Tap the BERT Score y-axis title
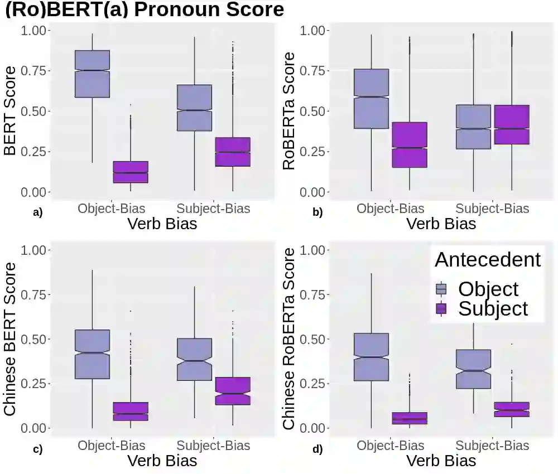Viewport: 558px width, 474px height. [10, 112]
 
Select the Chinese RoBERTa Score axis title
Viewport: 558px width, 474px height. [289, 339]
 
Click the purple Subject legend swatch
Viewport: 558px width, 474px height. [441, 308]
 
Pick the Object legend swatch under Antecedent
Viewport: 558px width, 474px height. [441, 288]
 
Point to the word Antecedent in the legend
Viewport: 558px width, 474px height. [488, 260]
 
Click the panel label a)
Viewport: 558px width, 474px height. [38, 212]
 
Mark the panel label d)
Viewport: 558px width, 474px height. [318, 449]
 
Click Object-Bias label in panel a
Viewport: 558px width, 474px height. [112, 209]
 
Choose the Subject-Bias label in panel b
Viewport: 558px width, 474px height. [492, 209]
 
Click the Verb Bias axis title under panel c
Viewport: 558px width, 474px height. [162, 461]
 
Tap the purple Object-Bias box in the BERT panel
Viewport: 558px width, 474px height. [131, 172]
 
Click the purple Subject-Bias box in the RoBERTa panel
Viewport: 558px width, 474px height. [512, 124]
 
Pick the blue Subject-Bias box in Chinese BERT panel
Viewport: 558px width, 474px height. [194, 359]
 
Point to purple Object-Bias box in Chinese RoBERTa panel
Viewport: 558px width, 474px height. [410, 418]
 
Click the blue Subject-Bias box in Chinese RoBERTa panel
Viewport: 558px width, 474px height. [473, 369]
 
